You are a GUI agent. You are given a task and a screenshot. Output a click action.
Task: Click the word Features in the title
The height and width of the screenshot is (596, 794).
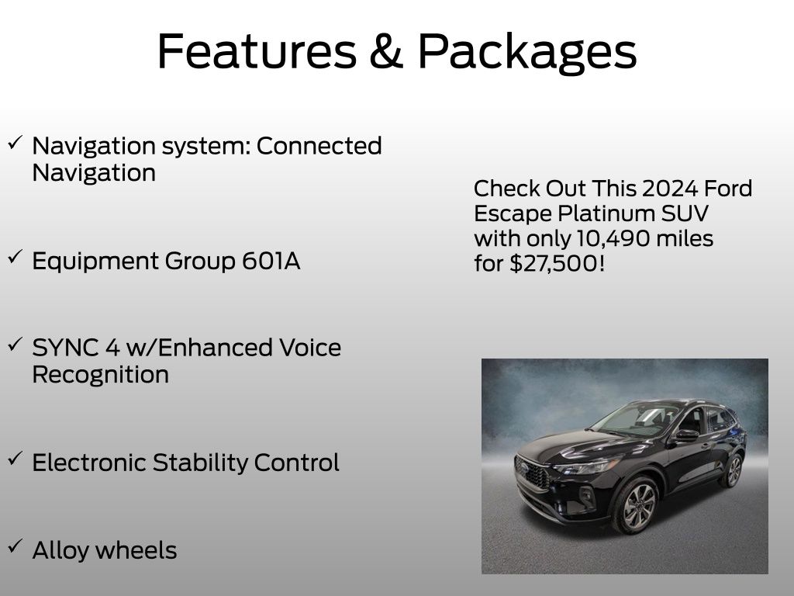[x=257, y=51]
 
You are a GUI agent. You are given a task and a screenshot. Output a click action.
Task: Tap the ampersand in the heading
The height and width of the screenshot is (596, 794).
[x=386, y=51]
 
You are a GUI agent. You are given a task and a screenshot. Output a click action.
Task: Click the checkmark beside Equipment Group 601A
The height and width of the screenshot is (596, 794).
[x=16, y=256]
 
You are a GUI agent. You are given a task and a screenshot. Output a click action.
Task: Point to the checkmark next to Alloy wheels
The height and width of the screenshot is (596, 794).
[x=16, y=546]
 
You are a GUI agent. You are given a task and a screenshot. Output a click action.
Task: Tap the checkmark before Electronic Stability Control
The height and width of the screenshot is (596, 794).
[x=16, y=458]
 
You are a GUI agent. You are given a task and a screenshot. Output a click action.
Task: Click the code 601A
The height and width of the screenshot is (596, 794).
[x=271, y=261]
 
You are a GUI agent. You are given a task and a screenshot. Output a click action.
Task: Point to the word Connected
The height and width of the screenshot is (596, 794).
[x=319, y=146]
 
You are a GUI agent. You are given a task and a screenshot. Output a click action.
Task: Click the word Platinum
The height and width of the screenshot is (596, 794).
[x=606, y=213]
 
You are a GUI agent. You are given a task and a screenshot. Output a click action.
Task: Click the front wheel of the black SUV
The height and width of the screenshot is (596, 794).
[x=637, y=505]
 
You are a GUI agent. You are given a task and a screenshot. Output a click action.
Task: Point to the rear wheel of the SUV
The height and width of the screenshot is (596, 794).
[x=732, y=471]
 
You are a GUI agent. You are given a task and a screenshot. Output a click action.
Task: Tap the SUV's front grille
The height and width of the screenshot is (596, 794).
[x=533, y=473]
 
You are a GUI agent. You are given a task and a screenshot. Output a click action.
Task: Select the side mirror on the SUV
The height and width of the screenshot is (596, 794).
[x=686, y=435]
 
